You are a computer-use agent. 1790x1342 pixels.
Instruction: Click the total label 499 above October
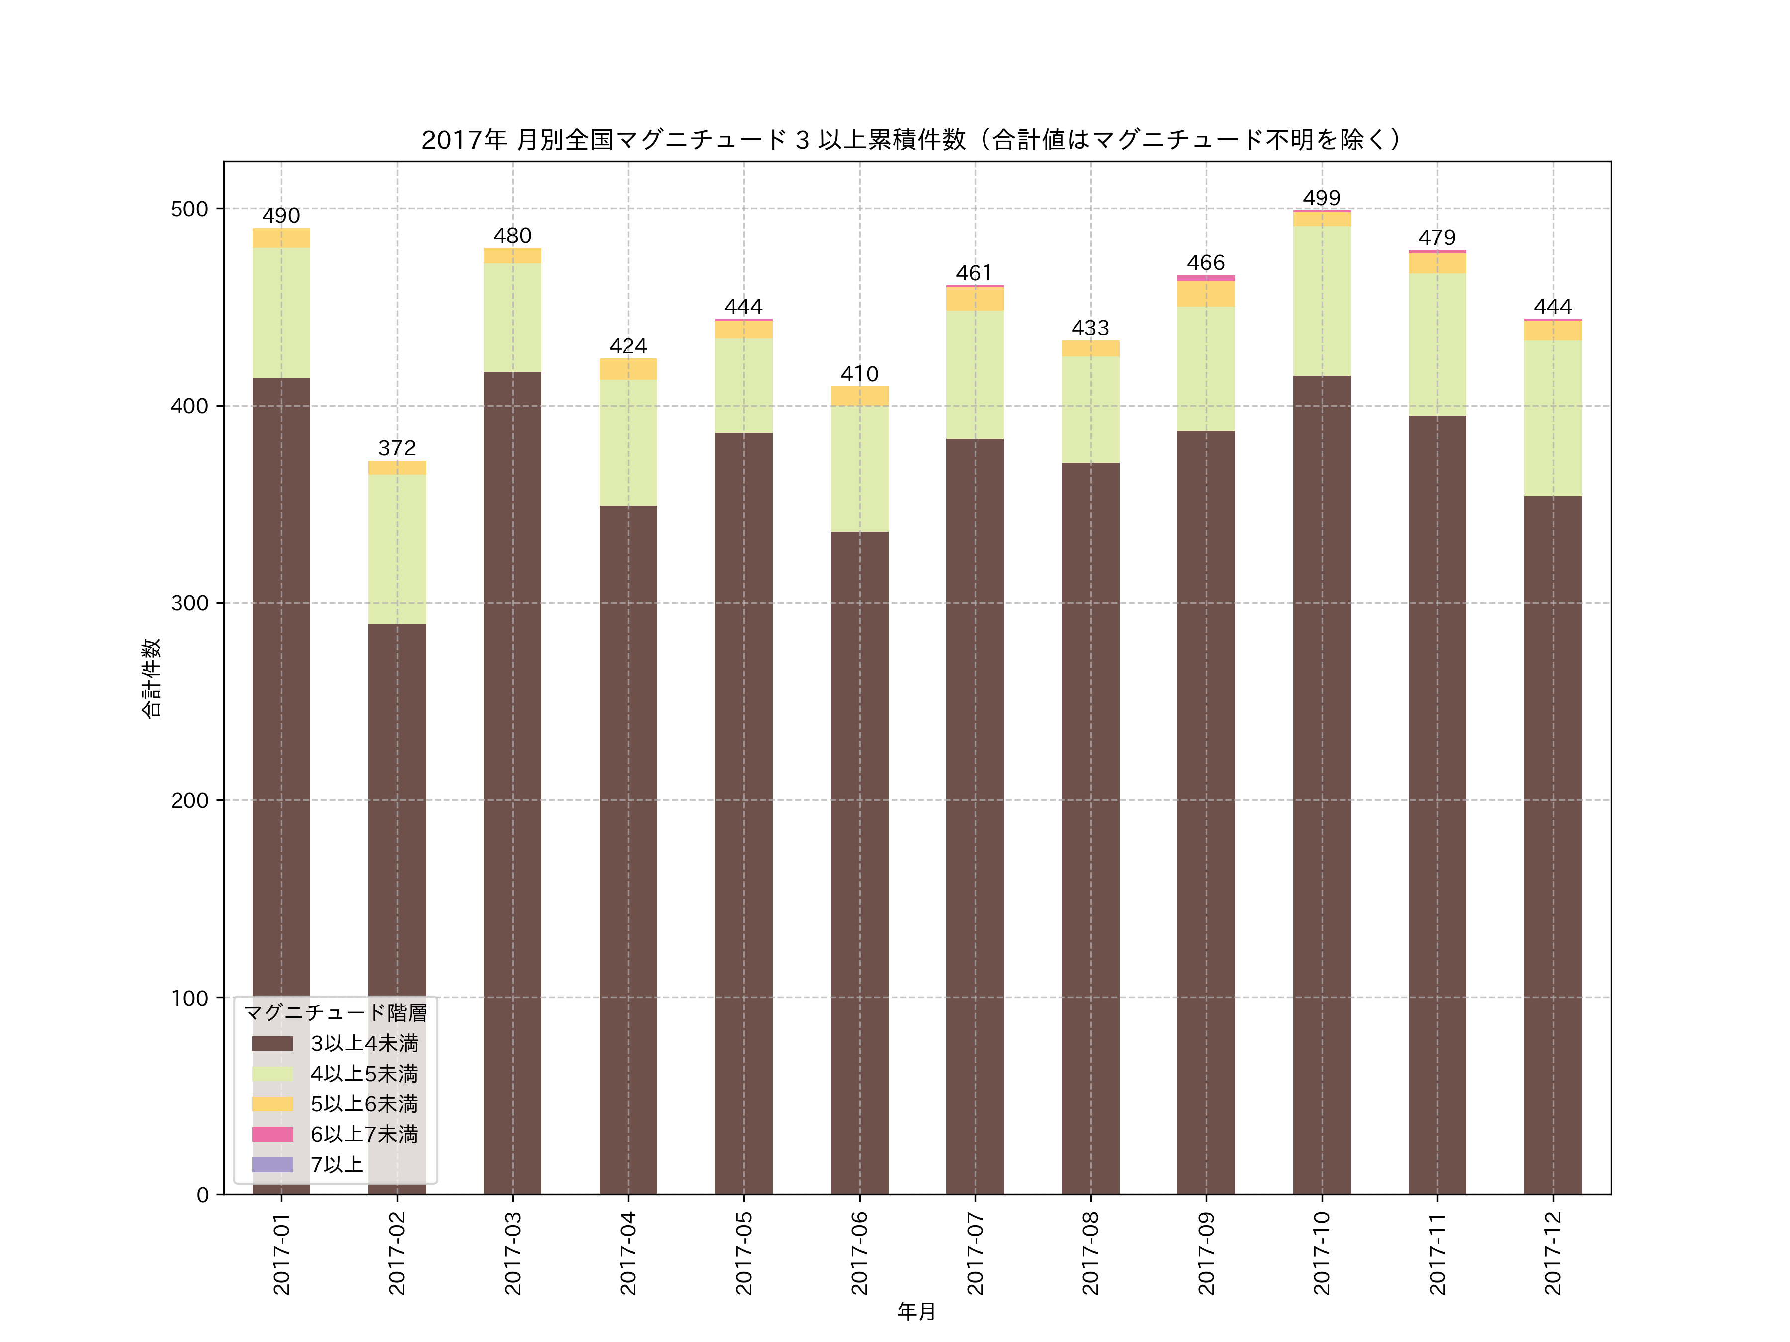[1322, 198]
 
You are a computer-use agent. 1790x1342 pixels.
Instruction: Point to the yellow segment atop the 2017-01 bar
[281, 238]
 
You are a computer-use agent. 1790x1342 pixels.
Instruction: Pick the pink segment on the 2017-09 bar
[1206, 278]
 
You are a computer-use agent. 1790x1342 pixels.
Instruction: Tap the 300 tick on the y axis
[189, 603]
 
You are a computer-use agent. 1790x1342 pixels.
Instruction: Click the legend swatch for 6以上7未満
[272, 1134]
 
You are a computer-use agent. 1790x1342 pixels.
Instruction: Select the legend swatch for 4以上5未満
[272, 1074]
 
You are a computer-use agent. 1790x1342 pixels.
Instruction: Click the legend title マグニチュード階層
[335, 1013]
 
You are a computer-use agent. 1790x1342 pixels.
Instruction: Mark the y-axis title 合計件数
[151, 678]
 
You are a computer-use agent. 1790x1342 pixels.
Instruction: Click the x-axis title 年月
[917, 1311]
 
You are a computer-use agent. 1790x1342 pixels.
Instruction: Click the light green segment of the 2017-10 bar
[1322, 301]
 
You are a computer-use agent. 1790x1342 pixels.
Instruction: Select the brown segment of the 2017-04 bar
[628, 849]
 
